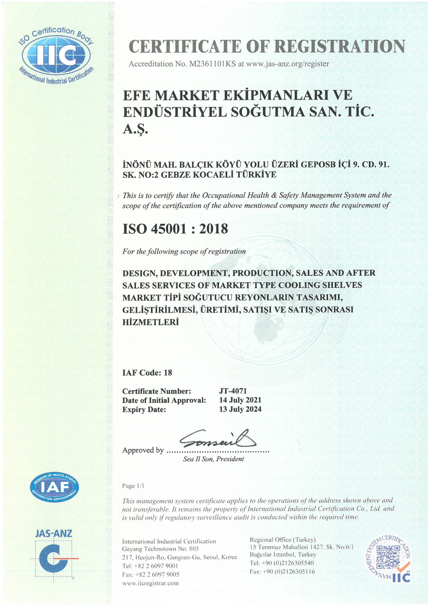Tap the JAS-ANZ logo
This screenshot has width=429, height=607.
coord(53,554)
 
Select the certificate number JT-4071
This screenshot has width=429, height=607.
coord(233,391)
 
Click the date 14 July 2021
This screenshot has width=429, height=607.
coord(240,400)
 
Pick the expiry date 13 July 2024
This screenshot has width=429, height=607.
coord(240,409)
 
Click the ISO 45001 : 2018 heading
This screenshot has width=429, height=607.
coord(175,229)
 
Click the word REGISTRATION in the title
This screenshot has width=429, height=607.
coord(339,46)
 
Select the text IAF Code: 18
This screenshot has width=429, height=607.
coord(147,373)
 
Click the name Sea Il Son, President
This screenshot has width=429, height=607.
coord(214,459)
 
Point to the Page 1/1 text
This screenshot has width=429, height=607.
coord(133,486)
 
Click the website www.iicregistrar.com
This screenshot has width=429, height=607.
coord(150,583)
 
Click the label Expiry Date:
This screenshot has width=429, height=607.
coord(144,409)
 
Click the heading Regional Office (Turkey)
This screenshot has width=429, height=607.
coord(283,539)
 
